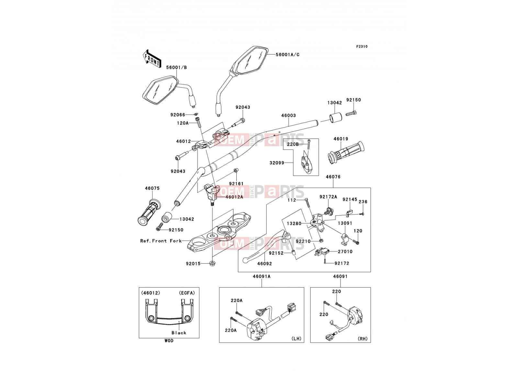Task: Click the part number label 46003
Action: point(288,115)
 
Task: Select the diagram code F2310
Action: point(362,47)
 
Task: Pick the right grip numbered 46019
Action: point(346,153)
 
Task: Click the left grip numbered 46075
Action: point(149,213)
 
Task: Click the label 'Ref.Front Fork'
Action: point(161,241)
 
